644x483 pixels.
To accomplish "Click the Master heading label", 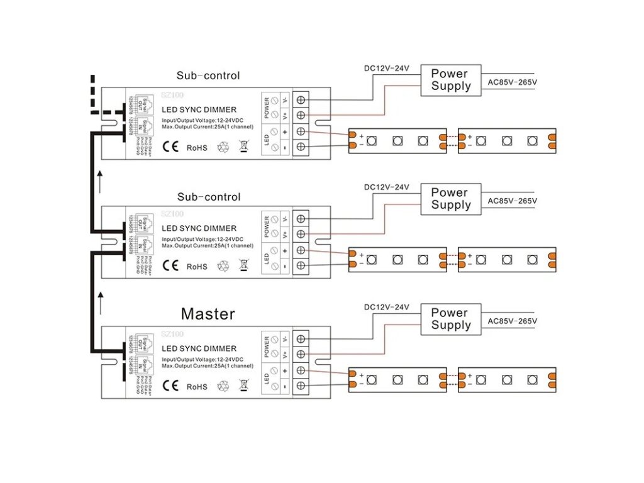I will pyautogui.click(x=208, y=314).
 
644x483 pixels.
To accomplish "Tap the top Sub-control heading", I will pyautogui.click(x=208, y=76).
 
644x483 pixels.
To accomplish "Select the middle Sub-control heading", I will pyautogui.click(x=208, y=197).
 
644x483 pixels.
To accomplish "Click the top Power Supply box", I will pyautogui.click(x=451, y=80).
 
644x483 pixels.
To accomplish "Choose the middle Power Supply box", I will pyautogui.click(x=451, y=199).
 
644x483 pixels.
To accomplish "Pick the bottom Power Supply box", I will pyautogui.click(x=451, y=319).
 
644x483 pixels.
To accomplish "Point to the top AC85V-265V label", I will pyautogui.click(x=513, y=82).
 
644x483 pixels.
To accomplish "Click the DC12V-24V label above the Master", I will pyautogui.click(x=387, y=308).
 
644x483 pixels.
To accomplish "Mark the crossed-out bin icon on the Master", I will pyautogui.click(x=244, y=385).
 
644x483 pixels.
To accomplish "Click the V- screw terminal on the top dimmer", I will pyautogui.click(x=301, y=100).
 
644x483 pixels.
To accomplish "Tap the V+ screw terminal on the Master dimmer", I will pyautogui.click(x=301, y=354).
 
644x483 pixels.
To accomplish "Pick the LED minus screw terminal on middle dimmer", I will pyautogui.click(x=301, y=265).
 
